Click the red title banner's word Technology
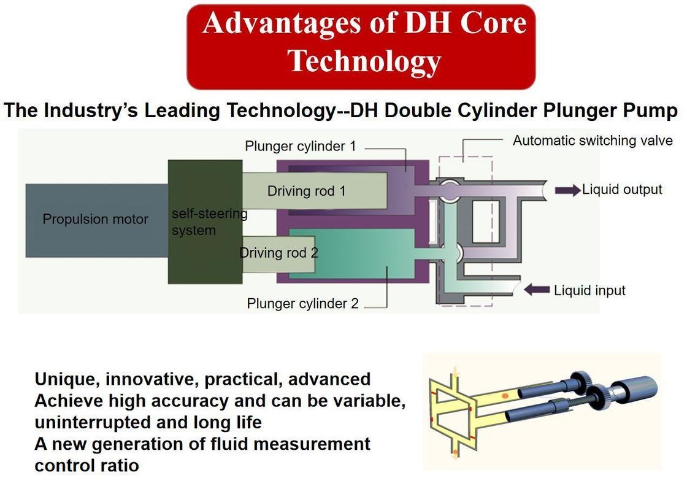[364, 61]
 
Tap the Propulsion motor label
[95, 219]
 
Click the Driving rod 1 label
[306, 191]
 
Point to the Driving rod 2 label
[278, 252]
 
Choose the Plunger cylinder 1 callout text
[300, 146]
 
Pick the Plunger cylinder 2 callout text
[302, 303]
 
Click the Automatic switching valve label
[593, 141]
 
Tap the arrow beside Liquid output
[567, 190]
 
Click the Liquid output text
[622, 190]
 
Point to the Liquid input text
[589, 290]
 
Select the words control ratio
[86, 465]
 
